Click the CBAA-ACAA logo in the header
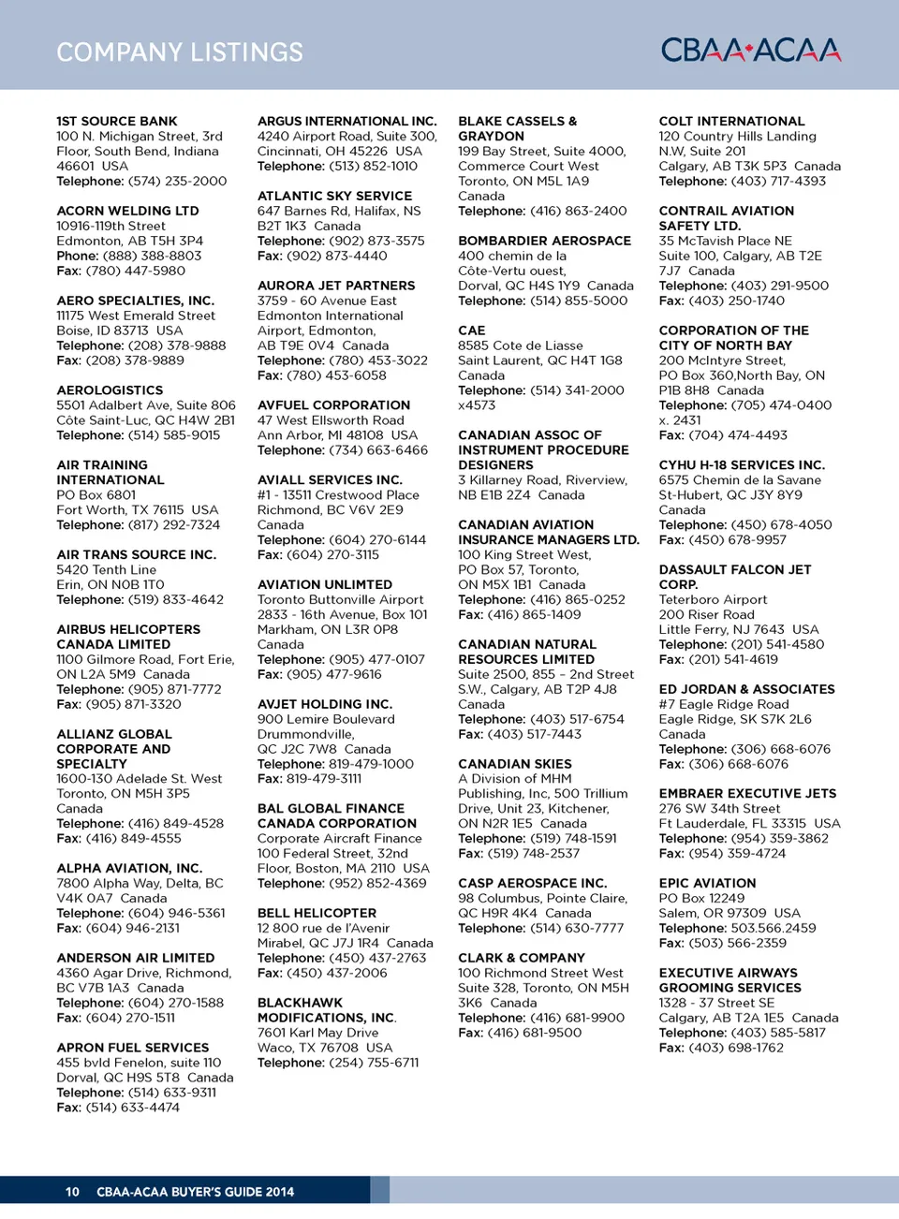coord(750,50)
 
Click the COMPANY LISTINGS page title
coord(180,52)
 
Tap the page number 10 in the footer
coord(72,1192)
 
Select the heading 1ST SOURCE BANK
coord(117,121)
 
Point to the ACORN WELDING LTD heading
coord(127,211)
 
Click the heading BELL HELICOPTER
coord(317,913)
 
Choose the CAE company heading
coord(472,330)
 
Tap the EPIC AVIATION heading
coord(707,883)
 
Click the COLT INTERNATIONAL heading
coord(731,121)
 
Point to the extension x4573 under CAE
coord(477,405)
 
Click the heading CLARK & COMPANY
coord(522,958)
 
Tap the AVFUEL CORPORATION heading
coord(333,405)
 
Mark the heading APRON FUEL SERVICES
coord(133,1048)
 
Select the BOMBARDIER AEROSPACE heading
coord(544,241)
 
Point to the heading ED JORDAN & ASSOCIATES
coord(746,689)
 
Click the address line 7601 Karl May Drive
coord(318,1033)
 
